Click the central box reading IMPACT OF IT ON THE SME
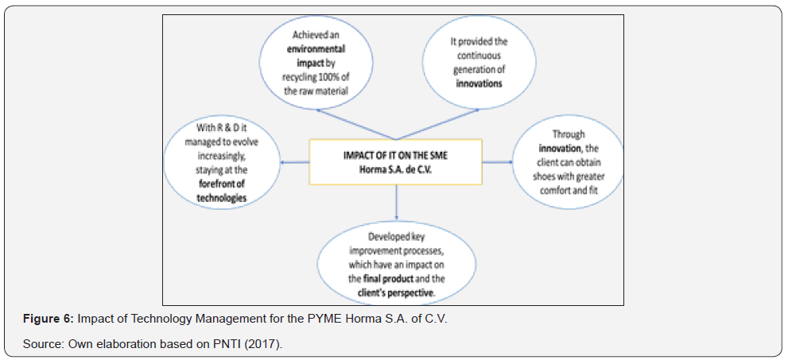[x=395, y=161]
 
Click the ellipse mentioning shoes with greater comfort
[x=568, y=164]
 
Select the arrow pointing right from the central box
[x=497, y=162]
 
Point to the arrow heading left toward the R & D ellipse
[x=295, y=162]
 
